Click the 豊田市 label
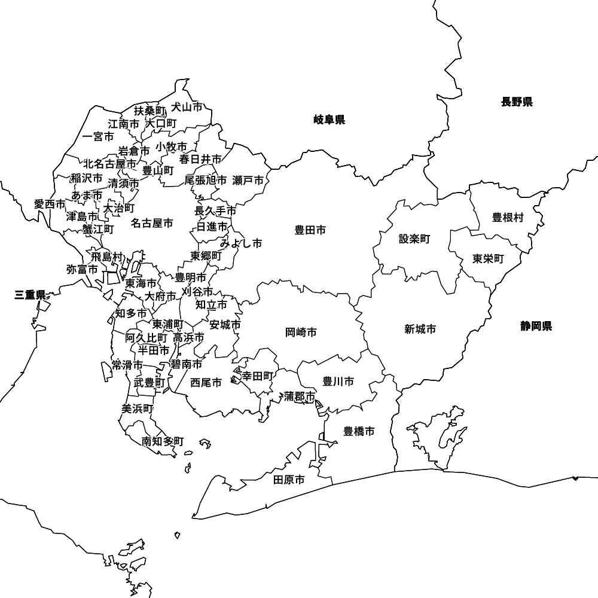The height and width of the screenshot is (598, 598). coord(310,230)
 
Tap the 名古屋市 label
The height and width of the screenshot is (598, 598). coord(152,223)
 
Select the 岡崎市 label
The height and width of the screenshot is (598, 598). coord(301,332)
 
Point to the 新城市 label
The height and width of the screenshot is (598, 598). coord(420,329)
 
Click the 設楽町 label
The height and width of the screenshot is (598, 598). coord(414,239)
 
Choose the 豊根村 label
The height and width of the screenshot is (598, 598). coord(508,218)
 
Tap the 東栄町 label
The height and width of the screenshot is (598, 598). coord(488,259)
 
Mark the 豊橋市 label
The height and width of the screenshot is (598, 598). coord(359,431)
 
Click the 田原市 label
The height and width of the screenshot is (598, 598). coord(289,480)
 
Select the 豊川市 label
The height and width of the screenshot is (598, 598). coord(338,381)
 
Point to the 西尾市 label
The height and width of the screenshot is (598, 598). coord(206,382)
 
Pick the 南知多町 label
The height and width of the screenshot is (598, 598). coord(163,441)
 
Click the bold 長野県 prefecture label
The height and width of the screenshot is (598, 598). coord(517,102)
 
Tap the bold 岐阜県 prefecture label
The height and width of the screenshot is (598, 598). coord(329,120)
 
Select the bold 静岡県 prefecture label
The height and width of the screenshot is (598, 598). coord(536,326)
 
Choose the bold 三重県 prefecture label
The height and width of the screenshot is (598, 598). coord(30,294)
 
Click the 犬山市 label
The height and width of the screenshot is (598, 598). coord(187,107)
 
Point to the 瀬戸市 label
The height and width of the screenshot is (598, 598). coord(248,179)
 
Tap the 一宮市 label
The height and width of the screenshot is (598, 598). coord(98,136)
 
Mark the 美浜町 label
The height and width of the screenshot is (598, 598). coord(137,409)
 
